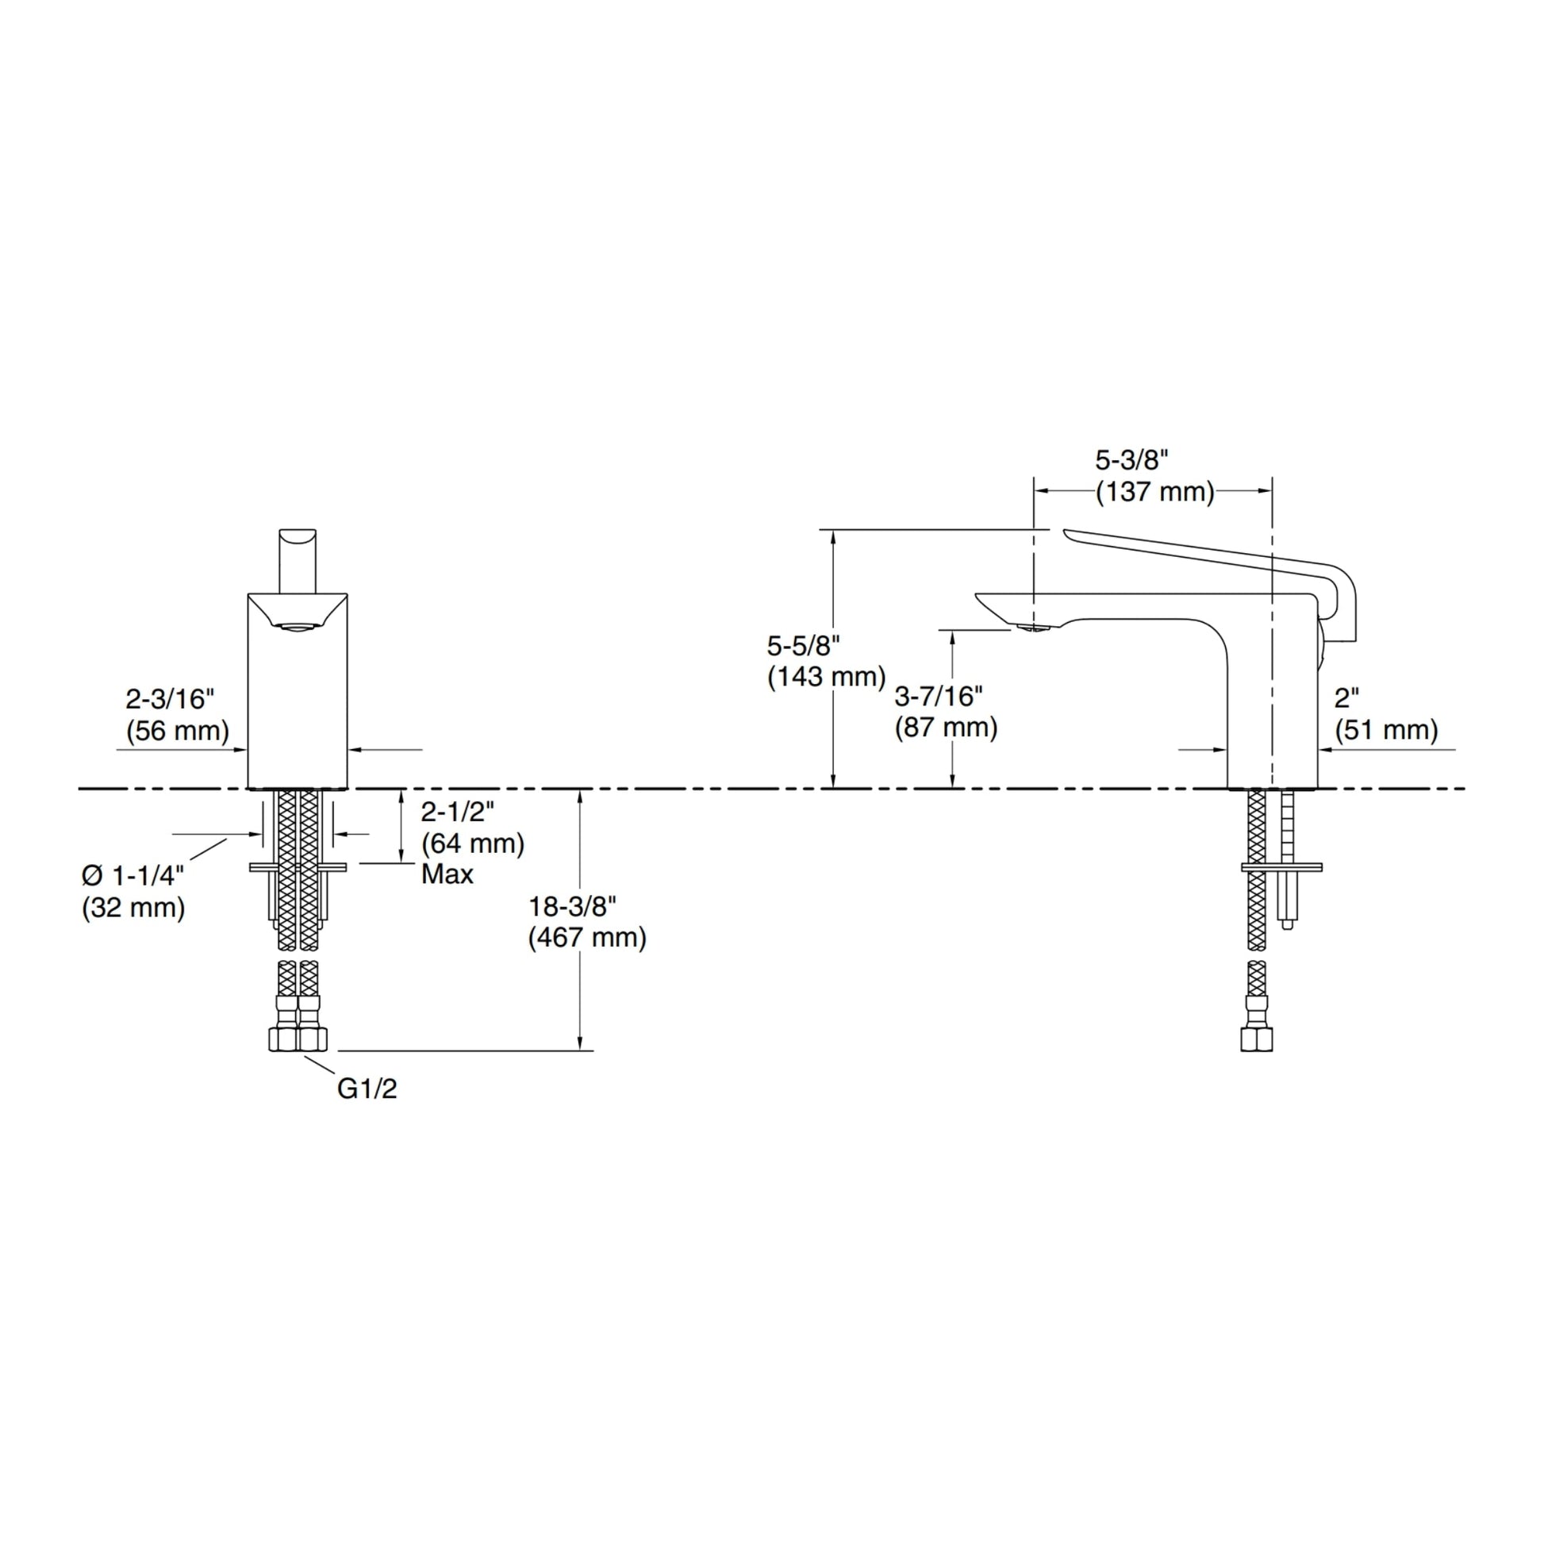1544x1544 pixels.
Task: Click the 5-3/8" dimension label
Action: click(1131, 460)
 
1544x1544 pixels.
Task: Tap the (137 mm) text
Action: click(1154, 492)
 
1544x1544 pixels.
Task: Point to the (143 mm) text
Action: click(826, 676)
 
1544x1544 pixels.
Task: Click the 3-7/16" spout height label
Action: click(939, 696)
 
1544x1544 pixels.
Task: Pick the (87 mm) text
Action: click(947, 728)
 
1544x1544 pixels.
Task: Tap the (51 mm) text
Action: click(1387, 730)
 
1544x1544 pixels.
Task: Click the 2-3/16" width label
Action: click(171, 699)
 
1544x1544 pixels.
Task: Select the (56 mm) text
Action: click(178, 732)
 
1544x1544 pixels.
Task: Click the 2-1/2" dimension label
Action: click(458, 811)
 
